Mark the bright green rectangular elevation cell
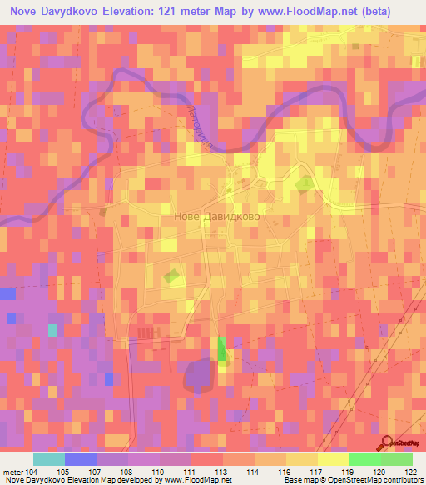click(x=222, y=348)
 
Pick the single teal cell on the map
click(x=52, y=330)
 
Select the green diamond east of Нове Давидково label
click(x=305, y=183)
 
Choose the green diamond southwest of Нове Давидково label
click(x=172, y=275)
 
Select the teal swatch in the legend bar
click(x=49, y=459)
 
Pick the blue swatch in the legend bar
click(x=81, y=459)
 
